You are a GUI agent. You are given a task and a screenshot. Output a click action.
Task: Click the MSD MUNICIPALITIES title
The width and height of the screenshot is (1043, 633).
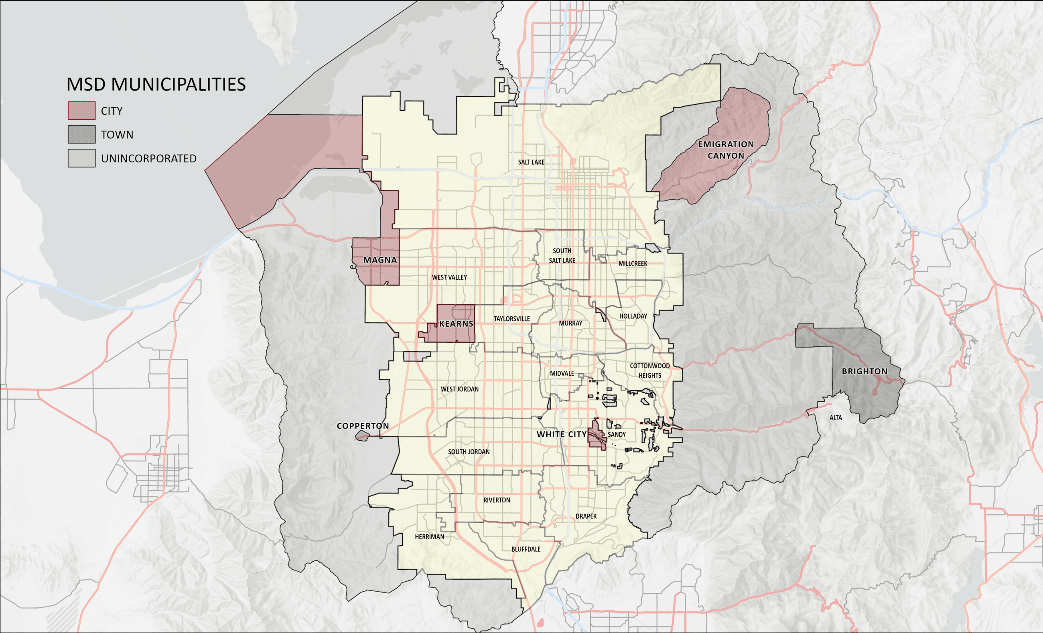(x=156, y=85)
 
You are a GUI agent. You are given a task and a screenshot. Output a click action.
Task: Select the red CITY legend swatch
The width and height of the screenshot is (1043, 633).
(x=81, y=111)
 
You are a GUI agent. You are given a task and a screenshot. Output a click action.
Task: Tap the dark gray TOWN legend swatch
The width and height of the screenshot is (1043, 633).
(x=81, y=135)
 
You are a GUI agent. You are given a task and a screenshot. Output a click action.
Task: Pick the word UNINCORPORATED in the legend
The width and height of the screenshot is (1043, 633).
(x=148, y=159)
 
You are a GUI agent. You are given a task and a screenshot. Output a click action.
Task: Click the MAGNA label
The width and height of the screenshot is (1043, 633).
(x=380, y=260)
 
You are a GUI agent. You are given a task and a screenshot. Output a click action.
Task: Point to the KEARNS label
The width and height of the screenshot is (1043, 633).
(x=456, y=324)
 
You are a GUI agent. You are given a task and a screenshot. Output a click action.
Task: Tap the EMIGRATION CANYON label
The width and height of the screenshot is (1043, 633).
(x=726, y=150)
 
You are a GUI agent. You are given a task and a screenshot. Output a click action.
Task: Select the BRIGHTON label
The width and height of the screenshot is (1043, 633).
(x=864, y=372)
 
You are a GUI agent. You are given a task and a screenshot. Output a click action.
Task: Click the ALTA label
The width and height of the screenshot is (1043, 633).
(x=835, y=418)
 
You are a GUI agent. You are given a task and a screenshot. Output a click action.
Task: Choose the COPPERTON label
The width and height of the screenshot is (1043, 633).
(x=362, y=426)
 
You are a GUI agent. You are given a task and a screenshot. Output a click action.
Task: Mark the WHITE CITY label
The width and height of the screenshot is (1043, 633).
(x=561, y=434)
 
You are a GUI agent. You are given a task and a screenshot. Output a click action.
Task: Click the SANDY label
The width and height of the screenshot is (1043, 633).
(x=616, y=434)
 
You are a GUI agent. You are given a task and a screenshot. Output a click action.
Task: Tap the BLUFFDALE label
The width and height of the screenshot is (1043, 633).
(x=526, y=549)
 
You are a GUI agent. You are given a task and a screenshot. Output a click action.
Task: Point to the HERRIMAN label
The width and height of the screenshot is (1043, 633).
(x=429, y=536)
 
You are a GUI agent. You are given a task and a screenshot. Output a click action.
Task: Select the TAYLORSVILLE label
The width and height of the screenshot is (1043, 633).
(x=511, y=319)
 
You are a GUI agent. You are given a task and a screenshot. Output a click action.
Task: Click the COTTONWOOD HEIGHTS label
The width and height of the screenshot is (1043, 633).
(x=649, y=370)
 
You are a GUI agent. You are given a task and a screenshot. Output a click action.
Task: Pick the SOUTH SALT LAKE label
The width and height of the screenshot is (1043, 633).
(x=562, y=256)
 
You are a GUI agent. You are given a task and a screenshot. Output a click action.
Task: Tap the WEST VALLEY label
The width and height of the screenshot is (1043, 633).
(x=449, y=277)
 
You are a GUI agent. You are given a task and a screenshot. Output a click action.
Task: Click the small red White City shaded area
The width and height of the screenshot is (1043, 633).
(x=596, y=436)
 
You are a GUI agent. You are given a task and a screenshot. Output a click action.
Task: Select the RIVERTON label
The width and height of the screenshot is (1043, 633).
(x=497, y=500)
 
